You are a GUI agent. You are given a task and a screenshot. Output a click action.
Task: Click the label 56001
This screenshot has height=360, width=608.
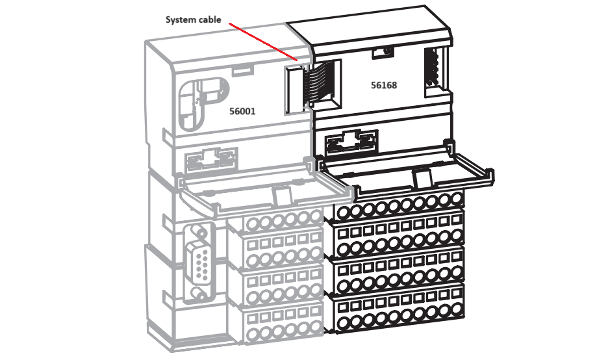pos(242,111)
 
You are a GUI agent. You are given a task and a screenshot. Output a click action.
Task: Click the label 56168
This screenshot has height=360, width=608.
pos(384,85)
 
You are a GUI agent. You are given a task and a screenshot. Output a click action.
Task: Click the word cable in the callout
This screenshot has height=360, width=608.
pos(210,19)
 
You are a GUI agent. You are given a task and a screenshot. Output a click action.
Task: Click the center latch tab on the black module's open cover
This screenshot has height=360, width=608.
pos(422,177)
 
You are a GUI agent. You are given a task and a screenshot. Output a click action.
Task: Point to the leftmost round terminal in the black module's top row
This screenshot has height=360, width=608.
pos(342,211)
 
